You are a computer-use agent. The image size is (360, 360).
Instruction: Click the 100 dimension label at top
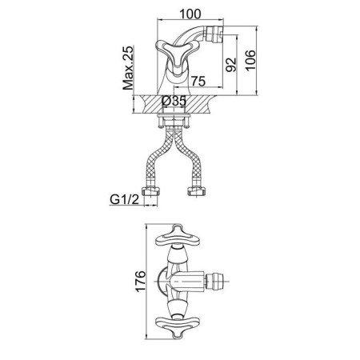pos(190,14)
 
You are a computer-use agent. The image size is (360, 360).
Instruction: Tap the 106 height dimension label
pos(250,61)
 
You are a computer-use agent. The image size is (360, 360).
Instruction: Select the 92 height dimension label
pos(231,65)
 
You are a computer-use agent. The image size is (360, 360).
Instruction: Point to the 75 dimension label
pos(198,81)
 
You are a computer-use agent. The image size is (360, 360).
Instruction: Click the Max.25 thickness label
pos(128,68)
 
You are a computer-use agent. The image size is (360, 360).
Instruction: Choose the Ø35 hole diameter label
pos(174,102)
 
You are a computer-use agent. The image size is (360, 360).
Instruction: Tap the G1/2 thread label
pos(125,199)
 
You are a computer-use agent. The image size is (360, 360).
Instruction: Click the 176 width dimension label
pos(141,282)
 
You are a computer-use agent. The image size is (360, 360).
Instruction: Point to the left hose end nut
pos(151,191)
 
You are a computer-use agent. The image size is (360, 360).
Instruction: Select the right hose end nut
pos(197,191)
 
